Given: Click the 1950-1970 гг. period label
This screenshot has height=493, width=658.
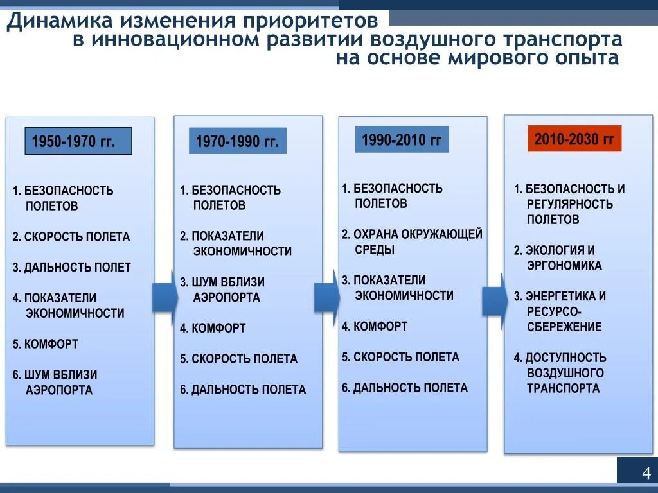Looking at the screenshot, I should tap(78, 141).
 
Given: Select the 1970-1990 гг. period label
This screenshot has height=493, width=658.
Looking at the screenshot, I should tap(237, 141).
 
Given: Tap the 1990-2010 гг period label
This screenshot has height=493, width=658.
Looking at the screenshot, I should tap(402, 139).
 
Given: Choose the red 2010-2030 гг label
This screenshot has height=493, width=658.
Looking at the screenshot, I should tap(574, 139).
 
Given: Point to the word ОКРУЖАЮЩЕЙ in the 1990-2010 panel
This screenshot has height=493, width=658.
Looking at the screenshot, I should tap(442, 234).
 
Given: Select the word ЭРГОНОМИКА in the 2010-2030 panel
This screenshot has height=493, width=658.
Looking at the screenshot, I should tap(564, 266).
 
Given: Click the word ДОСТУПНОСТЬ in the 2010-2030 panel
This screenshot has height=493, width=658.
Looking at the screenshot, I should tap(566, 358).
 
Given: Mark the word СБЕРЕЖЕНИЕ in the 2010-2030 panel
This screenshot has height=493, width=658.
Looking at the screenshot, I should tap(564, 327).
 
